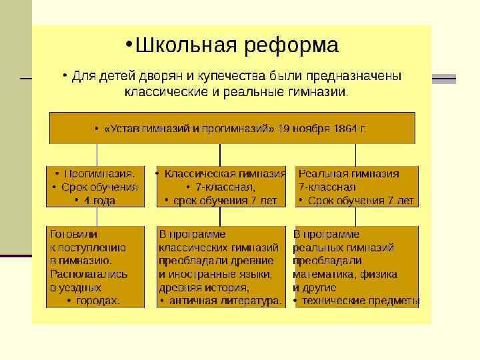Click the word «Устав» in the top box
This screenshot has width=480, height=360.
121,128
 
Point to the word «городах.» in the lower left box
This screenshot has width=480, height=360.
98,301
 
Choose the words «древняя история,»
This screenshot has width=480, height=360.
203,287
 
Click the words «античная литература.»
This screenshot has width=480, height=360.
225,301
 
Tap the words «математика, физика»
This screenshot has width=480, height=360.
345,274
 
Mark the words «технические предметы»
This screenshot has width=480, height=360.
361,301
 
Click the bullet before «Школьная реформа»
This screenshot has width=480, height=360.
129,44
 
